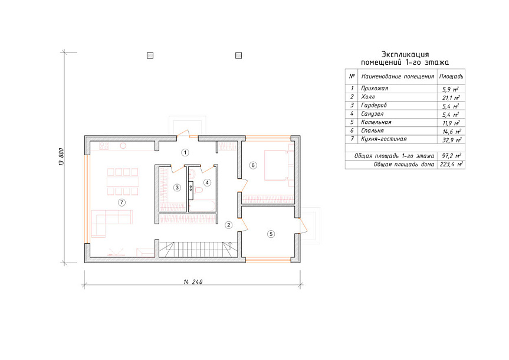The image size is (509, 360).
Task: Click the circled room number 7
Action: point(121,203)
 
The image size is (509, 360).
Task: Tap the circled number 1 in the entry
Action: point(185,152)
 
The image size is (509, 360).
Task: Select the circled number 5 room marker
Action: point(271,234)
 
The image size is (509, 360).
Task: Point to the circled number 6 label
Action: point(253,165)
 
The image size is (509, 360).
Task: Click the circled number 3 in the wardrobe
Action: point(177,188)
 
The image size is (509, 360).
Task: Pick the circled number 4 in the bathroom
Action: point(207,182)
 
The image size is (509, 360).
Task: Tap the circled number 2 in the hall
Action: point(229,225)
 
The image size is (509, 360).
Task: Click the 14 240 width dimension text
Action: point(193,282)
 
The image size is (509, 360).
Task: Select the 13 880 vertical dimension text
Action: point(61,157)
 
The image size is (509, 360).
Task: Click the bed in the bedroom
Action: point(279,165)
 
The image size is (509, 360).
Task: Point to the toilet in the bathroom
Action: point(198,190)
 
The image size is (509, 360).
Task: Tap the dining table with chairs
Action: point(123,181)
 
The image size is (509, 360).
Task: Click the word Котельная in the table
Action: point(376,122)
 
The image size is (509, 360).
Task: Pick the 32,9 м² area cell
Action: point(452,140)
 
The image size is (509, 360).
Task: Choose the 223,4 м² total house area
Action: point(451,165)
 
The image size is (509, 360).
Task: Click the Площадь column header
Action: point(451,76)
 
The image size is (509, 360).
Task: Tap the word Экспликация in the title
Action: point(405,54)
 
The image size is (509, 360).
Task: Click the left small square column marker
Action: point(150,55)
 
